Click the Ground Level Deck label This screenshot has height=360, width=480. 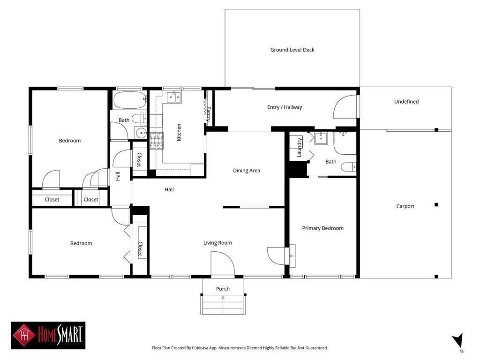292,50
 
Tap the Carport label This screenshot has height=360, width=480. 405,206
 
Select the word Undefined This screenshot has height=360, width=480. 406,102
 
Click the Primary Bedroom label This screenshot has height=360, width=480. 322,228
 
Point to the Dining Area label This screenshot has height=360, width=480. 247,171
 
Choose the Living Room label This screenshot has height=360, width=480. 217,243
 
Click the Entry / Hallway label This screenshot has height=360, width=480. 285,107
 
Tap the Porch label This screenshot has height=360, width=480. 223,289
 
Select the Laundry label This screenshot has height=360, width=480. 299,147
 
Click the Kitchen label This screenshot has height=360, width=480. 179,132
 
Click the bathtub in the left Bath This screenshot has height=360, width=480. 130,100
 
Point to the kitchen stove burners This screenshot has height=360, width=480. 157,141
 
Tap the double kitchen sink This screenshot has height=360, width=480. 174,97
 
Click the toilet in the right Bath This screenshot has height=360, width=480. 348,167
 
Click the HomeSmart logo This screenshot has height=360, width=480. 48,335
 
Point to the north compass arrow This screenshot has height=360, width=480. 458,341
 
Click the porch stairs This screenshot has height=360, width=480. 223,305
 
